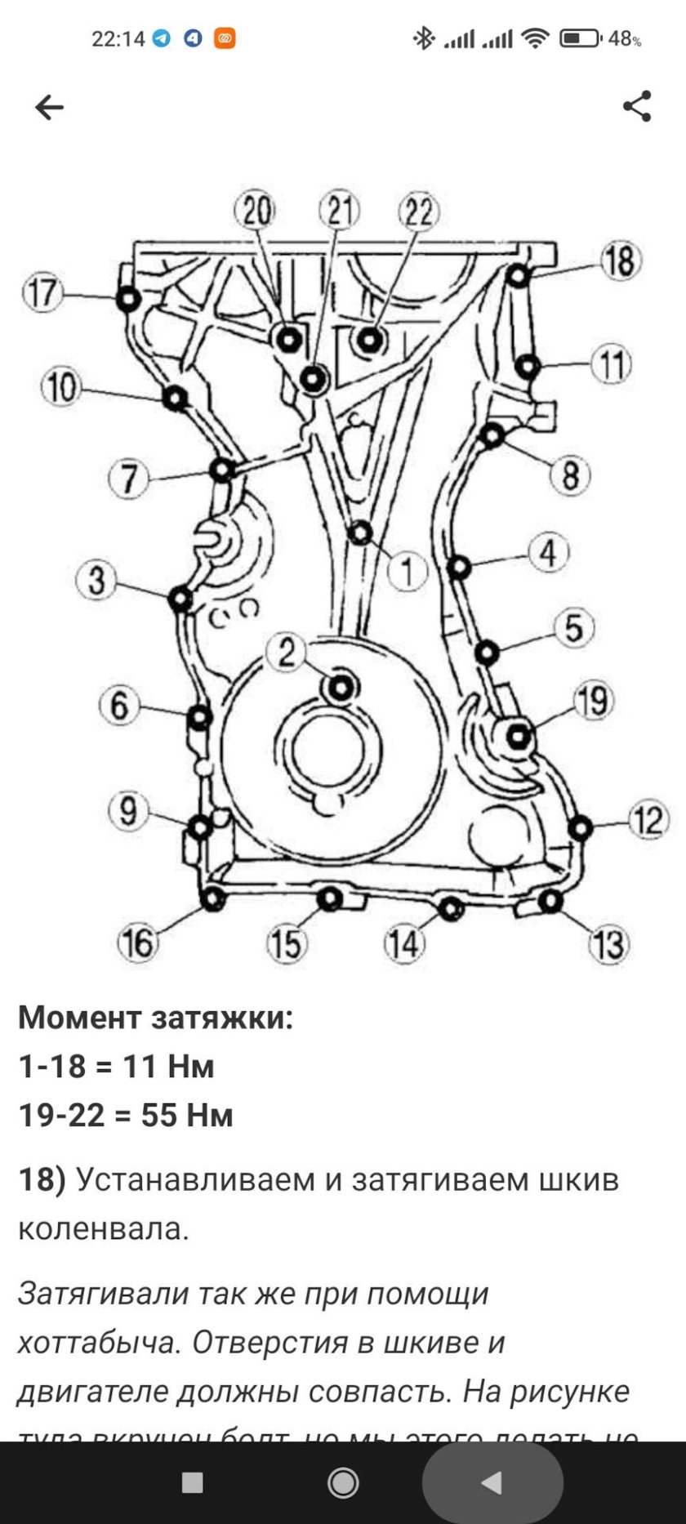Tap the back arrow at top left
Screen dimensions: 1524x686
coord(49,107)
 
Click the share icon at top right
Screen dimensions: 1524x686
coord(637,106)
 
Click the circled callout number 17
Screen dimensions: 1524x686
coord(42,292)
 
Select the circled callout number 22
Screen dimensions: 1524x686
coord(418,212)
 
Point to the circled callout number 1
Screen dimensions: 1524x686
coord(406,570)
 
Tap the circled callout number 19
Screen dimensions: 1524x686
coord(593,701)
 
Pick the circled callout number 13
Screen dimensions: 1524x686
coord(608,944)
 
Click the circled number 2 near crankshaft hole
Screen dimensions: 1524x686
coord(286,653)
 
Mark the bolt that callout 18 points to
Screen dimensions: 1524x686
coord(517,277)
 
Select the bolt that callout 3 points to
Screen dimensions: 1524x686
coord(180,600)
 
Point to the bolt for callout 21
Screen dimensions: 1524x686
coord(313,379)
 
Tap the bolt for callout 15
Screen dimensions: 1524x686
coord(328,899)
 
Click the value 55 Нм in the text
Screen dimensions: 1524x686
coord(187,1115)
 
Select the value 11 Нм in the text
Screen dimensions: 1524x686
coord(168,1066)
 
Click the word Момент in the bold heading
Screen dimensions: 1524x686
coord(79,1018)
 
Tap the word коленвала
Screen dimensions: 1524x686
coord(103,1228)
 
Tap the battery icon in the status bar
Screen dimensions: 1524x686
coord(581,38)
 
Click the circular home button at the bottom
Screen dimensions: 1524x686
coord(343,1482)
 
